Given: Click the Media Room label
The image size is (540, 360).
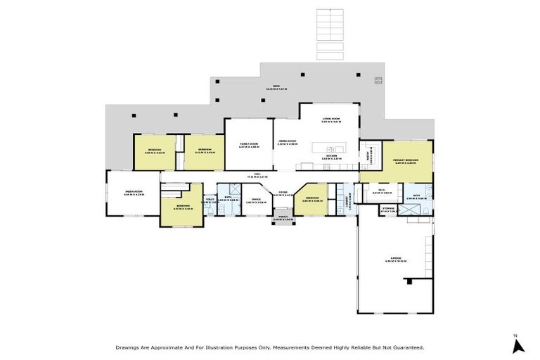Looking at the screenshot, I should pos(134,192).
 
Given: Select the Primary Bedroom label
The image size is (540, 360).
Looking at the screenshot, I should pos(406,161).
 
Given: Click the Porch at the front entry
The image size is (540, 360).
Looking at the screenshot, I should pos(283,218).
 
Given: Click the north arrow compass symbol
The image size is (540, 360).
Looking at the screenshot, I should pos(518,345).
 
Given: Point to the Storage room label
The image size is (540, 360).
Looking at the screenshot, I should pos(388,209).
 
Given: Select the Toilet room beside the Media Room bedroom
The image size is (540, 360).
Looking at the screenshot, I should pos(210,201).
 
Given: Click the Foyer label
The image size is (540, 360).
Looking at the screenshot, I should pos(283,193).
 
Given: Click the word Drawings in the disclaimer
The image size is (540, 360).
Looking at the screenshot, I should pos(129,347).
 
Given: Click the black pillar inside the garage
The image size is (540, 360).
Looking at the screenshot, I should pos(409,281).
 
